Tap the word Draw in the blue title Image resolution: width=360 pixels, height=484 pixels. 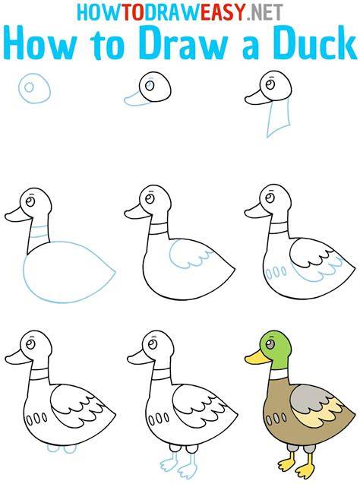tap(182, 44)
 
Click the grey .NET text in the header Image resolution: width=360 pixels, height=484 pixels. tap(264, 11)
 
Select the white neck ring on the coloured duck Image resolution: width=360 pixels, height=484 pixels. tap(279, 375)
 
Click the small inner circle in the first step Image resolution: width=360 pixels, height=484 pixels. tap(30, 87)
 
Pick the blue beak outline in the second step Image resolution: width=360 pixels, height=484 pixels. tap(137, 99)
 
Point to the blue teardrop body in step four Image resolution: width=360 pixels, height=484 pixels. tap(68, 272)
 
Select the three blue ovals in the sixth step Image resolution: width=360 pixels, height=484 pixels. tap(276, 273)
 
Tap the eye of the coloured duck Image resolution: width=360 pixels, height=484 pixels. tap(270, 344)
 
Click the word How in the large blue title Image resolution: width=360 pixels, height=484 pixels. tap(40, 44)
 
